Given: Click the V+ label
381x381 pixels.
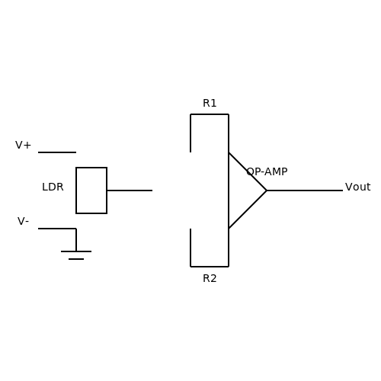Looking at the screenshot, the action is [x=23, y=146].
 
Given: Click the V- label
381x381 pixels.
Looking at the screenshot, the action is [x=23, y=221].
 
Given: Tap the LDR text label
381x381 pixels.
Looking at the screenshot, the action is [x=53, y=187].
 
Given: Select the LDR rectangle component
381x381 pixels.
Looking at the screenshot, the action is [x=76, y=190].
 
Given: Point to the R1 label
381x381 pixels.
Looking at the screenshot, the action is [x=210, y=104].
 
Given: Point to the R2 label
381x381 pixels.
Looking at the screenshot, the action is [x=210, y=279].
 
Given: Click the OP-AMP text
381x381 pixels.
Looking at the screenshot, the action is [x=267, y=171].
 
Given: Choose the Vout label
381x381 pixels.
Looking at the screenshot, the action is [x=357, y=187].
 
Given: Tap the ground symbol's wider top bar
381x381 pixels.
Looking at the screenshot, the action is [x=76, y=251].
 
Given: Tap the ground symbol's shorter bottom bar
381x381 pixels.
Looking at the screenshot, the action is [x=76, y=259].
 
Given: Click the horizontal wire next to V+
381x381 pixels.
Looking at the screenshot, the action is [x=57, y=152].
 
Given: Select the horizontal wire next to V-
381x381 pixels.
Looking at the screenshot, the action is [x=57, y=229].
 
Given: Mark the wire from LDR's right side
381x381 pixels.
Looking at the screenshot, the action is [x=130, y=190].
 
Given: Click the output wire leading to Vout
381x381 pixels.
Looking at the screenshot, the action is [x=305, y=190].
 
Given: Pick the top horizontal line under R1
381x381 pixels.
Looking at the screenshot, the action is [x=210, y=114].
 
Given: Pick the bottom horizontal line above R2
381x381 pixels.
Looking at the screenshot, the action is [x=210, y=267].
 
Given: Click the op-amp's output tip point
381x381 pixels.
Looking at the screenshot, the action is [x=267, y=190].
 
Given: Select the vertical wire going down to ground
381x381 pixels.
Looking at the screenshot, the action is [x=76, y=240].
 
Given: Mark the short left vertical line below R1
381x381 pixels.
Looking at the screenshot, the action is [x=190, y=133].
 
